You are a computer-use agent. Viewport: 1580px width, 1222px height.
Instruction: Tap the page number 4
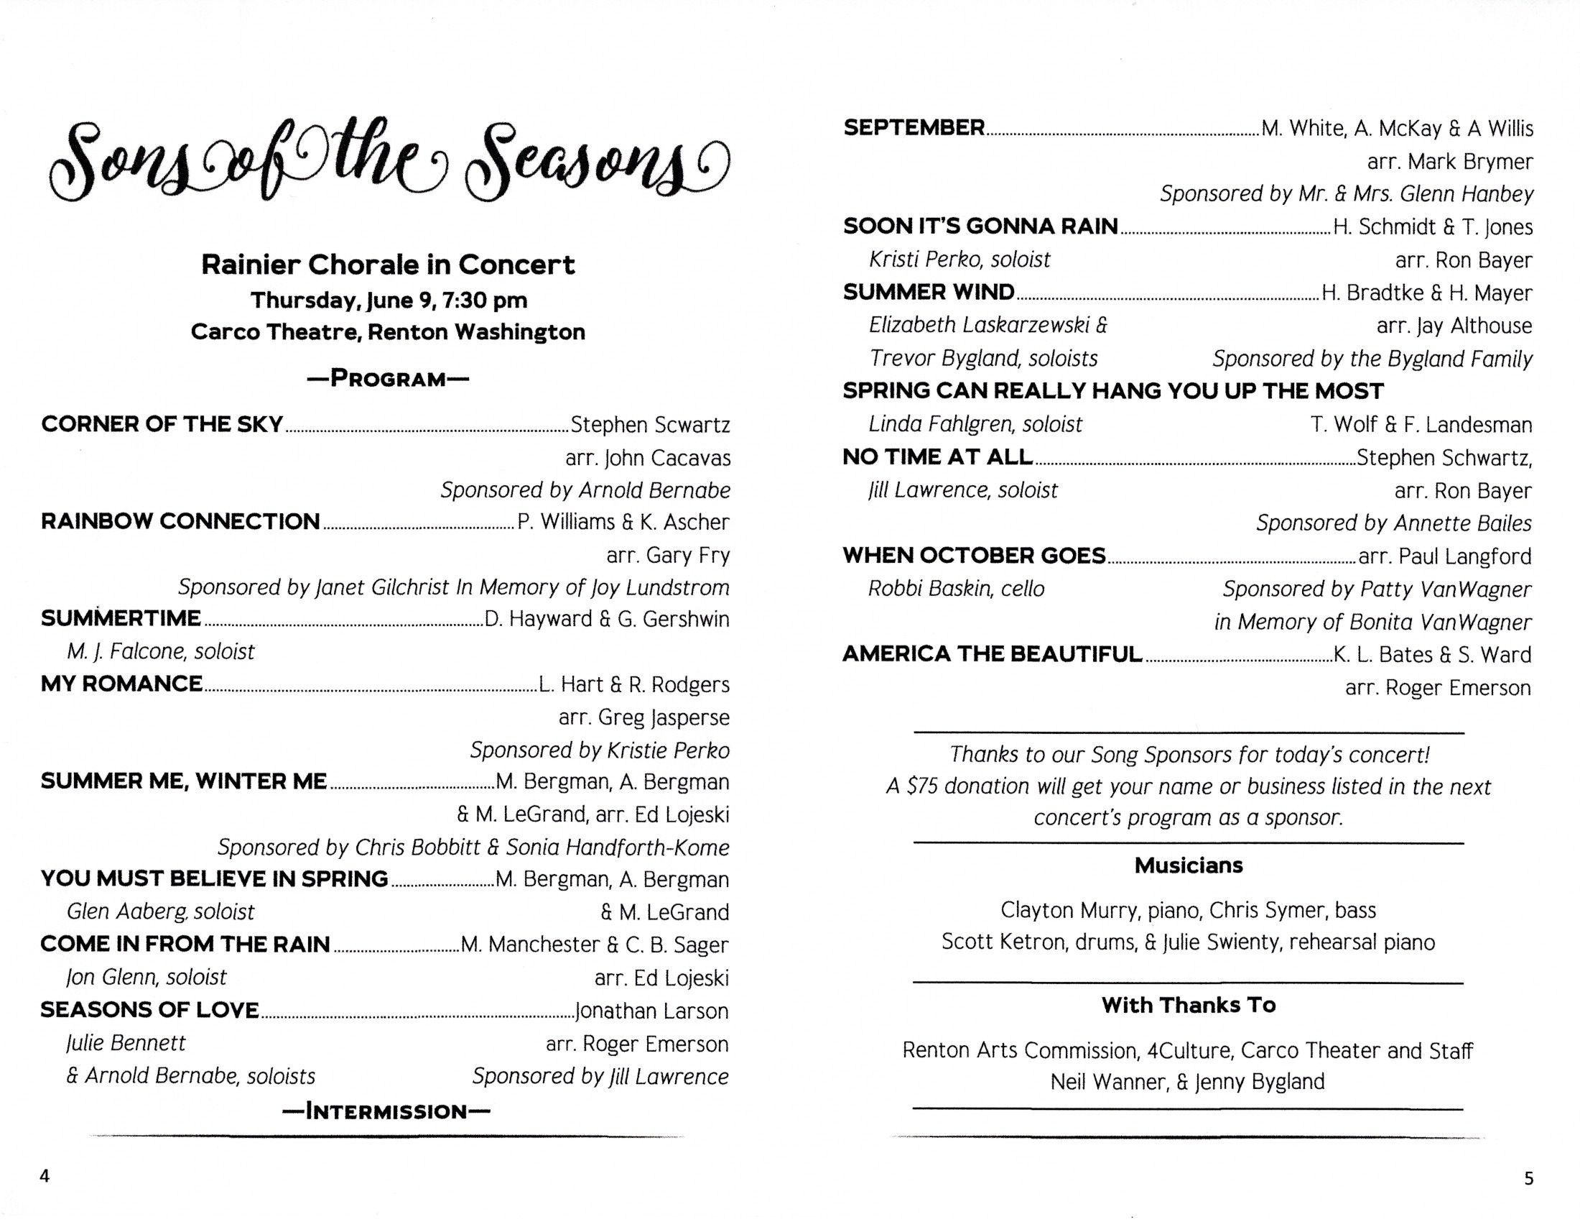(45, 1176)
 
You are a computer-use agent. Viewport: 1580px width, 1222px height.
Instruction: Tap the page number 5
(1528, 1179)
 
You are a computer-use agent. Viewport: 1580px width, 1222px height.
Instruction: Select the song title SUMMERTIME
(121, 619)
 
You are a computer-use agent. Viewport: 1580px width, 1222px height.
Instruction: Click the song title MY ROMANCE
(121, 684)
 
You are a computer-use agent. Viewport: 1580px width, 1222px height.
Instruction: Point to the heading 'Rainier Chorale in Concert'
(388, 265)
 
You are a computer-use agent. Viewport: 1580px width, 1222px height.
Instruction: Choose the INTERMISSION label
(386, 1111)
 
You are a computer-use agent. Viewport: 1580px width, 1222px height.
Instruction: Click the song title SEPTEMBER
(914, 128)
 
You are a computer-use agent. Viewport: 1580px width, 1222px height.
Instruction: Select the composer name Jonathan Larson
(651, 1011)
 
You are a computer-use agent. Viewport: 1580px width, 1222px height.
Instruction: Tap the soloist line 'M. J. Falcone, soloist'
(161, 651)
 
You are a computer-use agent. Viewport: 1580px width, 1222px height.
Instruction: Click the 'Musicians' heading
(1189, 865)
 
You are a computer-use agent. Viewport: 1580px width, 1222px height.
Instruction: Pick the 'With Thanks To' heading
(1188, 1005)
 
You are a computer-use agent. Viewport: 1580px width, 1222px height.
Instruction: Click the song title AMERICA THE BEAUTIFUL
(993, 654)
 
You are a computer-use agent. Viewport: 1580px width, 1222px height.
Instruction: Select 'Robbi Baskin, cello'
(957, 589)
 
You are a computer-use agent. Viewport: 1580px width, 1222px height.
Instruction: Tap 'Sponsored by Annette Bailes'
(1393, 523)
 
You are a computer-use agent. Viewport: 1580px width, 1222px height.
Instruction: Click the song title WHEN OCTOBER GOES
(974, 556)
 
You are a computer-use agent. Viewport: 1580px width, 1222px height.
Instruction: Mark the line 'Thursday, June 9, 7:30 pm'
(389, 300)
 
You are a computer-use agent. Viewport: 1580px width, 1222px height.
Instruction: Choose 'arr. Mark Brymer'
(1450, 162)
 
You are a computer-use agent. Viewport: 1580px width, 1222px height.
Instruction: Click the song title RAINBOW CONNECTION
(180, 521)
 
